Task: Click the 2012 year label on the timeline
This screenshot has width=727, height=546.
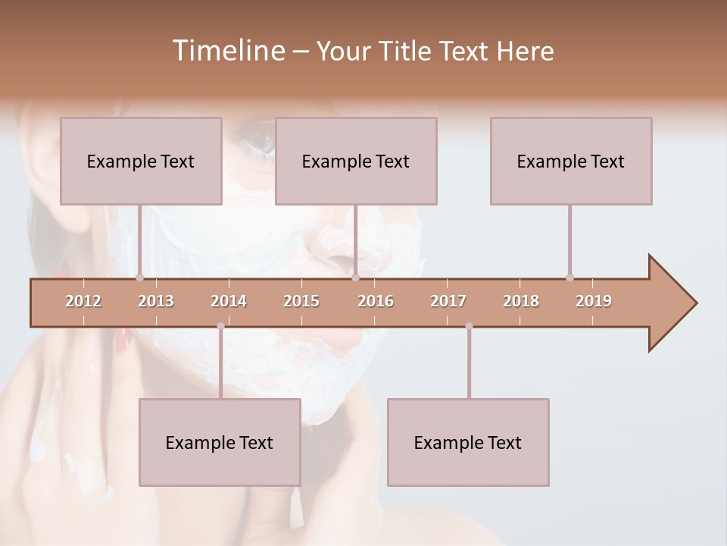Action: (x=83, y=301)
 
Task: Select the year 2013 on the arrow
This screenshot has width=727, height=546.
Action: (x=156, y=301)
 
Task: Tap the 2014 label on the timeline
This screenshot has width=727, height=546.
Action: (x=229, y=301)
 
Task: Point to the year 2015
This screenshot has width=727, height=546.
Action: (x=301, y=301)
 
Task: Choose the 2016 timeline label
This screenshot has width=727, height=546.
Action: (x=376, y=301)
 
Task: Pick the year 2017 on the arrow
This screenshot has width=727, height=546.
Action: (x=448, y=301)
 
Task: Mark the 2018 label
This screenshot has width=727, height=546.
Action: (x=521, y=301)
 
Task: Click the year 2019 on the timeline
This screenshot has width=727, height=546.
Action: (x=594, y=301)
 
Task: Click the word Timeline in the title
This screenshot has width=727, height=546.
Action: (x=227, y=51)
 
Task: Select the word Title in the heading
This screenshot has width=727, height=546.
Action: (x=406, y=52)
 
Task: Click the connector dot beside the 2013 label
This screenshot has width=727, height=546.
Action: (x=139, y=278)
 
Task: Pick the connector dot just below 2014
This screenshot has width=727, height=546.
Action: (x=220, y=326)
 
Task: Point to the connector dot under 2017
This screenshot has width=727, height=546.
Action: (x=469, y=326)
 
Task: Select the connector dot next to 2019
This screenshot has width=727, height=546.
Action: (x=569, y=278)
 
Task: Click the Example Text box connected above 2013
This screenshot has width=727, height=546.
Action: (x=141, y=161)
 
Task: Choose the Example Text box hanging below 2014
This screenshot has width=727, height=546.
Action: (x=220, y=442)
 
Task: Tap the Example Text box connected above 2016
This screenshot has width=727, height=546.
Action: (x=356, y=161)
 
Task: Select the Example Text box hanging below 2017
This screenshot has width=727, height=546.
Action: (x=468, y=442)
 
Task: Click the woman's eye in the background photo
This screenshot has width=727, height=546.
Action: (x=257, y=140)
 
